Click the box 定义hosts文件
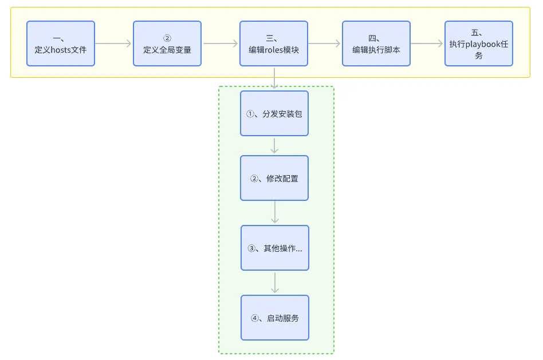[x=61, y=43]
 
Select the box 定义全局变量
[x=167, y=43]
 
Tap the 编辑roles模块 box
[x=274, y=43]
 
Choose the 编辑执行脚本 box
[x=376, y=43]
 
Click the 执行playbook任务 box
[x=479, y=43]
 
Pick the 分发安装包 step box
[x=274, y=113]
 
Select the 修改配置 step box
[x=274, y=178]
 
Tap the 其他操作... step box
[x=275, y=248]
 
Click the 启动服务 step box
[x=275, y=318]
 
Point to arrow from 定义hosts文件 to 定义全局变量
[x=114, y=43]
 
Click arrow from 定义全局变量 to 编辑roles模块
[x=221, y=43]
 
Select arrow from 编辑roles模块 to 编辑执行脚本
[x=325, y=43]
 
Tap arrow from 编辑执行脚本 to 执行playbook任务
[x=427, y=43]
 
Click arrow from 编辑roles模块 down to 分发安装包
[x=274, y=78]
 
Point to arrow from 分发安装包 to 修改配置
[x=274, y=145]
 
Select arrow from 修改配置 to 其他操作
[x=275, y=212]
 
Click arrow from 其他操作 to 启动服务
[x=275, y=283]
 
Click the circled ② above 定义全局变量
[x=167, y=38]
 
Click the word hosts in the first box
[x=61, y=50]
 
